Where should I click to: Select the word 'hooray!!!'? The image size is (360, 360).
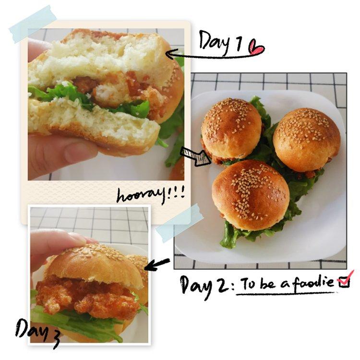tap(151, 195)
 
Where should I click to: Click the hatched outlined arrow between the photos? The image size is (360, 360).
tap(196, 156)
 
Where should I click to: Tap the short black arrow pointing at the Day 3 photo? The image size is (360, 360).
tap(157, 264)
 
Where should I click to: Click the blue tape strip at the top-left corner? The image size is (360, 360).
tap(33, 24)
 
